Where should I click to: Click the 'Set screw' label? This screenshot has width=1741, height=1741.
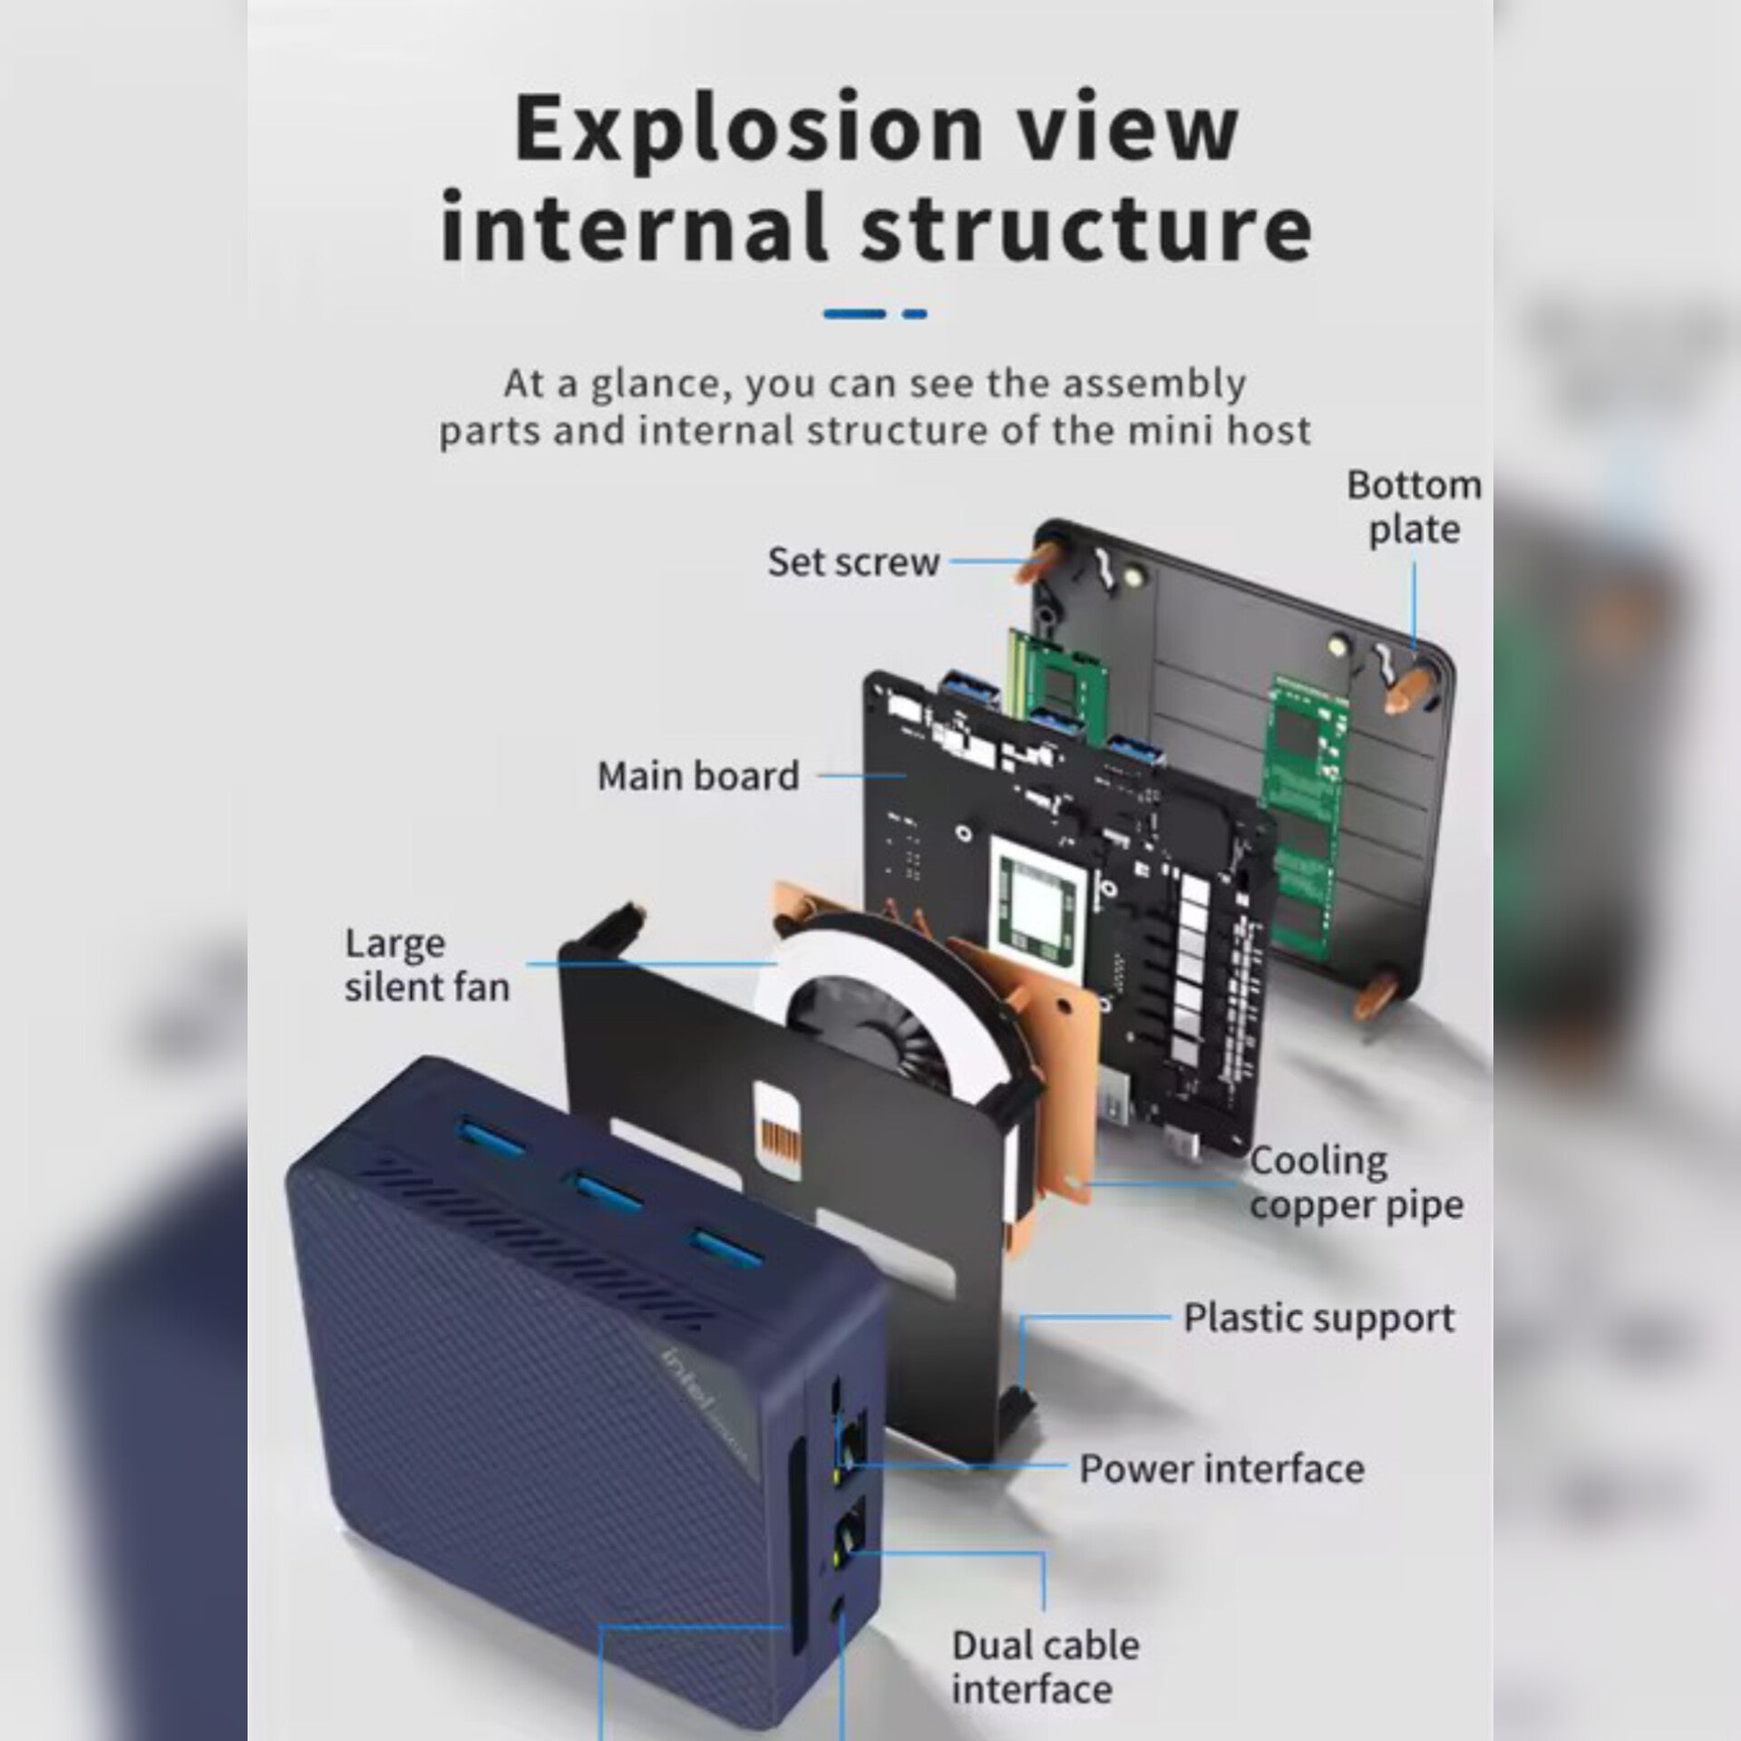[x=852, y=562]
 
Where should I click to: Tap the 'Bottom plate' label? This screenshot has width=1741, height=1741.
[x=1413, y=507]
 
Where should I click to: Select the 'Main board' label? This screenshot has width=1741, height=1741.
[x=697, y=776]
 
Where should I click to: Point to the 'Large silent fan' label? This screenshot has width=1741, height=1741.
[x=426, y=965]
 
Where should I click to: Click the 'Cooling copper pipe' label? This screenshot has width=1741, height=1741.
[x=1356, y=1183]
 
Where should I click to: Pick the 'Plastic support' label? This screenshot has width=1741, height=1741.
[x=1318, y=1318]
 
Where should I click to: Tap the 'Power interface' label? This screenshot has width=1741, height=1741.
[x=1221, y=1469]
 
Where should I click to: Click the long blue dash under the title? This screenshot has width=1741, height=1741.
[x=854, y=314]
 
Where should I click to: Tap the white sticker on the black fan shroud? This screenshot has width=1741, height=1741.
[x=779, y=1129]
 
